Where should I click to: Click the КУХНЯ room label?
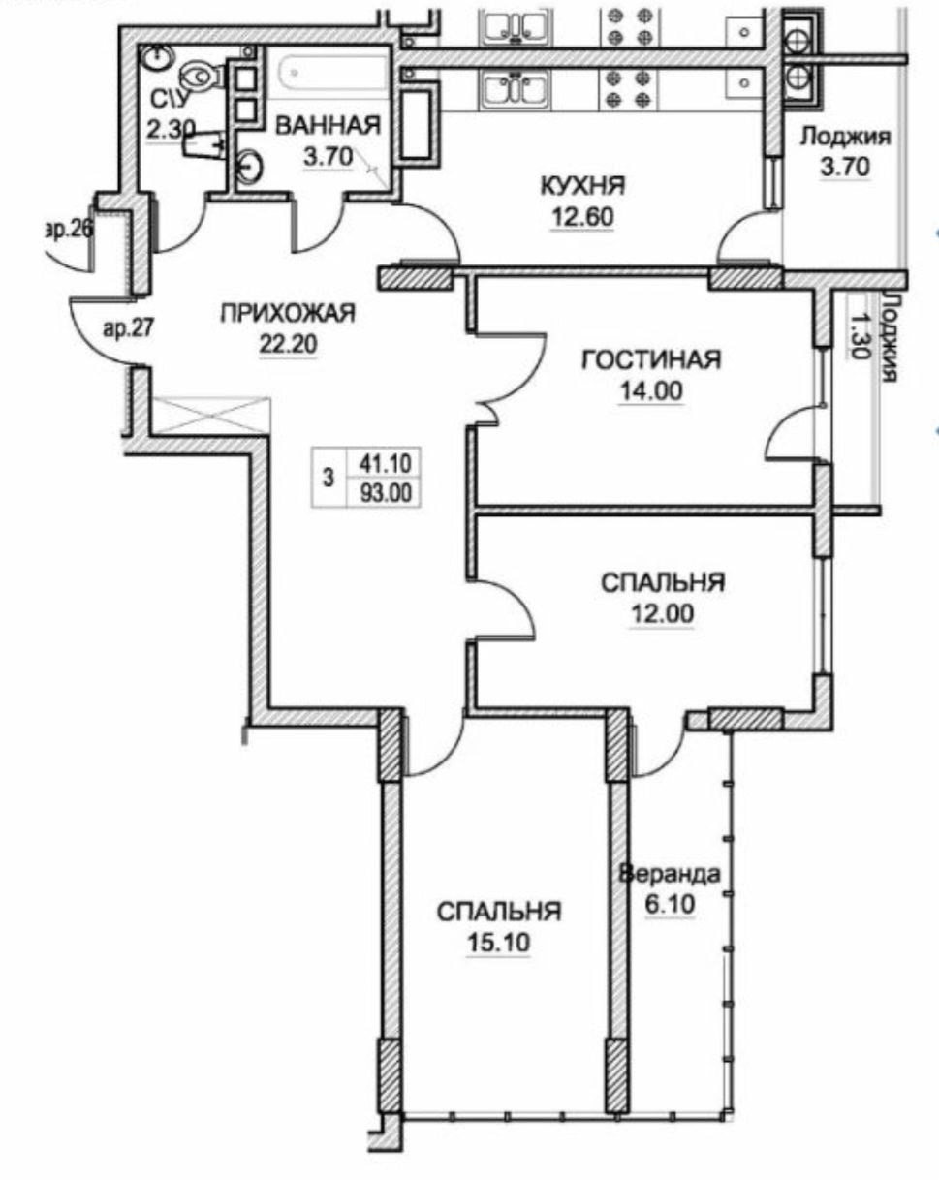[x=582, y=184]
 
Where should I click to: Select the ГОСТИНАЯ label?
[x=650, y=360]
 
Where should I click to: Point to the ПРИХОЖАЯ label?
[x=289, y=313]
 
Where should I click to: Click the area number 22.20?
[x=289, y=344]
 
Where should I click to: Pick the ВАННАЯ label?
[x=326, y=125]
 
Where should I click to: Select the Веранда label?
[x=670, y=874]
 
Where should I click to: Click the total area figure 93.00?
[x=387, y=491]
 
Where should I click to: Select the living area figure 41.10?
[x=387, y=464]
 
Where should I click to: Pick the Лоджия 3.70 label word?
[x=845, y=137]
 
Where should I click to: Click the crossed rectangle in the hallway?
[x=210, y=415]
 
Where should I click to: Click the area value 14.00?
[x=650, y=391]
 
